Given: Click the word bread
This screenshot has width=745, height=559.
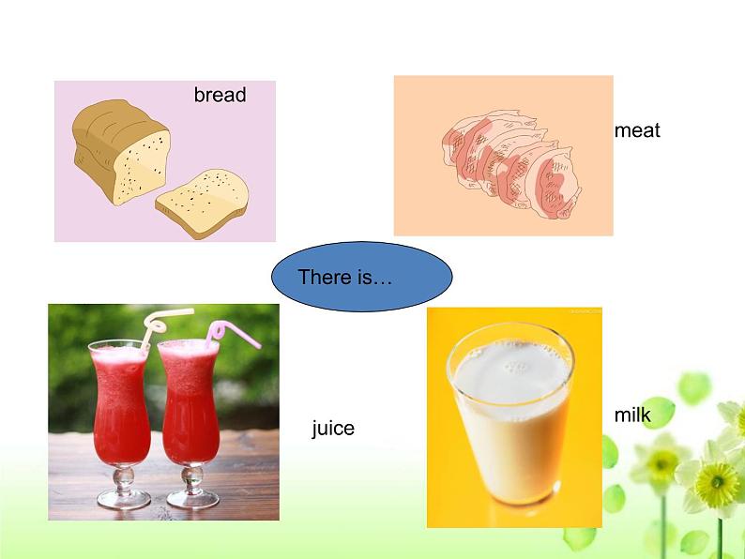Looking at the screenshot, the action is (220, 95).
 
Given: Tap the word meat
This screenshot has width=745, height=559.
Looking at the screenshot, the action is (637, 130).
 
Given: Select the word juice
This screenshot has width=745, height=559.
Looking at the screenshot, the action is (333, 429).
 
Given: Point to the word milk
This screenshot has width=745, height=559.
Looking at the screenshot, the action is (631, 415).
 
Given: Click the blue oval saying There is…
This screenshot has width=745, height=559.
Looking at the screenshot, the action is (361, 277).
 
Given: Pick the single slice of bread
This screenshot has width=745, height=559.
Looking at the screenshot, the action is (203, 203).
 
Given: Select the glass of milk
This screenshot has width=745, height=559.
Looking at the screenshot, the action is (510, 414).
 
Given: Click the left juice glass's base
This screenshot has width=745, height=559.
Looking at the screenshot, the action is (124, 498).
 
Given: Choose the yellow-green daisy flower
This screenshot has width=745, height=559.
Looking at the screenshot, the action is (718, 482).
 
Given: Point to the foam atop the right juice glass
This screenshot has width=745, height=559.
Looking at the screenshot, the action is (189, 349).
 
